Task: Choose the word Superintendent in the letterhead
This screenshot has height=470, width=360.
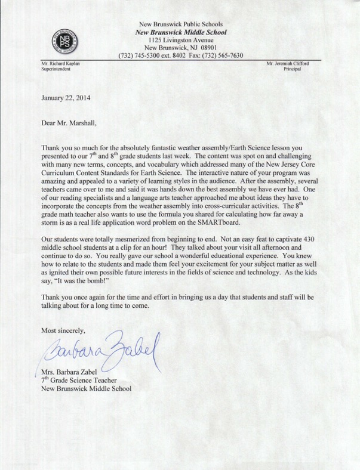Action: [x=56, y=69]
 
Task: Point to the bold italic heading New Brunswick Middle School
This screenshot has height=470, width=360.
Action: [x=180, y=32]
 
